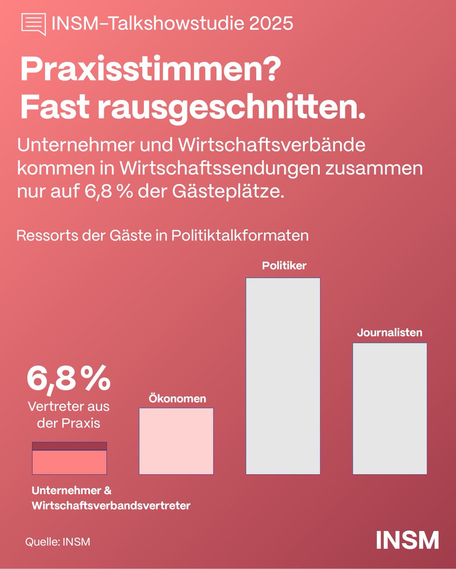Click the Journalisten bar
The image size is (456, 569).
pyautogui.click(x=389, y=408)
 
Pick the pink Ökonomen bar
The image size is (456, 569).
pyautogui.click(x=176, y=441)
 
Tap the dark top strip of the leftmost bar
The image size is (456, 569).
pyautogui.click(x=69, y=446)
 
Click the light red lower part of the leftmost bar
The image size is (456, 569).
pyautogui.click(x=69, y=462)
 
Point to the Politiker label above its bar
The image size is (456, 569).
pyautogui.click(x=285, y=266)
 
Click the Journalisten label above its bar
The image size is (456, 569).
pyautogui.click(x=389, y=332)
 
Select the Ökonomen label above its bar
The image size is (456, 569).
pyautogui.click(x=177, y=398)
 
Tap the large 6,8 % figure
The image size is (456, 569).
pyautogui.click(x=68, y=378)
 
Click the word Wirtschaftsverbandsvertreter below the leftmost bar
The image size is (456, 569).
pyautogui.click(x=111, y=506)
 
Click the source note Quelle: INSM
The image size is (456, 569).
pyautogui.click(x=57, y=541)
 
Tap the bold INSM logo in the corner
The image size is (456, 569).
pyautogui.click(x=407, y=540)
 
